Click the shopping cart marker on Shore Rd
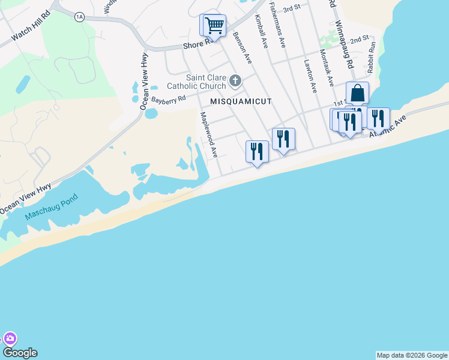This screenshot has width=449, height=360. click(214, 26)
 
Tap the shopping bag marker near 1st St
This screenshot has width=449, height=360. click(357, 94)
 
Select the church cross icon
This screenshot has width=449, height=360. click(235, 80)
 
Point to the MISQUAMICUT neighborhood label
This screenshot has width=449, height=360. click(241, 102)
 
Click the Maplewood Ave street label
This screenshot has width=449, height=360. click(208, 135)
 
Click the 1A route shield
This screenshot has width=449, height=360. click(79, 17)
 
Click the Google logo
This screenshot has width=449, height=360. click(20, 353)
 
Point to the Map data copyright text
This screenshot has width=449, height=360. click(412, 355)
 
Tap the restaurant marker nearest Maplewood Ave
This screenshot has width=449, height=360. click(258, 152)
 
